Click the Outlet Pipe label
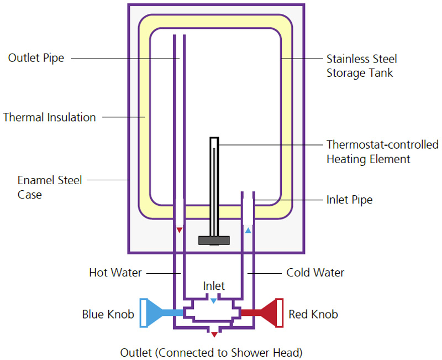[x=36, y=58]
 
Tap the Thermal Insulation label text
[x=50, y=117]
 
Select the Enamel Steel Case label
[x=50, y=187]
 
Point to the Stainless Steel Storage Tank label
[x=361, y=66]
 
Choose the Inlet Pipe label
[x=349, y=200]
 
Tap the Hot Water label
[x=115, y=273]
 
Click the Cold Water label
[x=315, y=273]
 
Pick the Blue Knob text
[x=108, y=314]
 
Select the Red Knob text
[x=313, y=314]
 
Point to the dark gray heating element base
[x=214, y=240]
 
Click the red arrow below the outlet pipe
[x=179, y=229]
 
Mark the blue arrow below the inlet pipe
[x=248, y=229]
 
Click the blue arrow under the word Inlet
[x=214, y=300]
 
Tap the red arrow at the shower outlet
[x=214, y=334]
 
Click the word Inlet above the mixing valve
[x=214, y=286]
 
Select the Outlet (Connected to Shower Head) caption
[x=212, y=352]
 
